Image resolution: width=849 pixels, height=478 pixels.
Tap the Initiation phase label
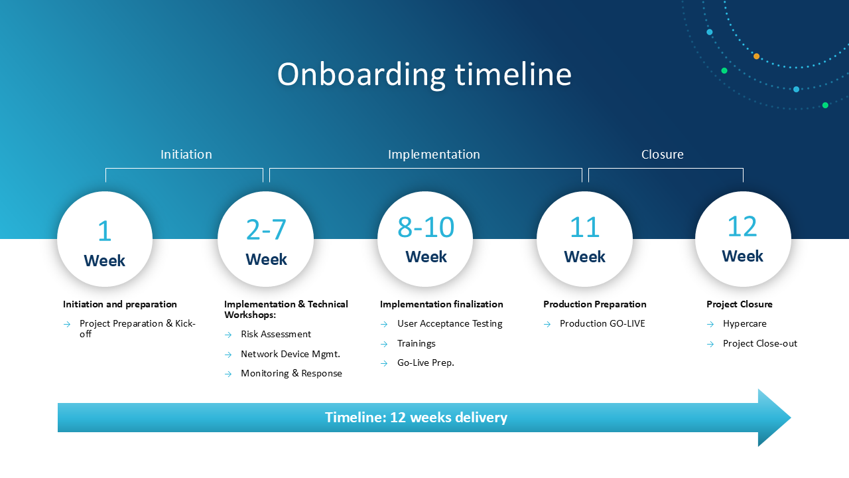(186, 155)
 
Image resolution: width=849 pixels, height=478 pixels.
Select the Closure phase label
(662, 155)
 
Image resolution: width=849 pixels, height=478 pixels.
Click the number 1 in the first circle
(105, 230)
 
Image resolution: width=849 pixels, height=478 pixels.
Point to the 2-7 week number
(266, 230)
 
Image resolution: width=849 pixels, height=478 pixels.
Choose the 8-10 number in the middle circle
(426, 227)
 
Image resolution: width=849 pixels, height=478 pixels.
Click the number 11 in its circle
(584, 227)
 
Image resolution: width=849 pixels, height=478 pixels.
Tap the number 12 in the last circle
(742, 226)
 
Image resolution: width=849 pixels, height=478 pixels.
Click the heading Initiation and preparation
(120, 304)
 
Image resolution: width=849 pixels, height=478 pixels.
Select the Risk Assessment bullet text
(276, 334)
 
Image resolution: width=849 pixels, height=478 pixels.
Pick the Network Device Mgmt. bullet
(291, 354)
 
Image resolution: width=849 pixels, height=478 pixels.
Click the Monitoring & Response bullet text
(291, 373)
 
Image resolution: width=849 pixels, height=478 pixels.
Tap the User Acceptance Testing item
(450, 323)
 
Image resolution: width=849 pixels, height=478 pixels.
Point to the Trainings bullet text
(416, 343)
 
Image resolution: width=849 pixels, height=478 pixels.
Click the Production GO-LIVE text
(602, 323)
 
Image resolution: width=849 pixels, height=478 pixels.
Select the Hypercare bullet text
(744, 323)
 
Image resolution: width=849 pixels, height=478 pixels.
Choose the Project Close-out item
(760, 343)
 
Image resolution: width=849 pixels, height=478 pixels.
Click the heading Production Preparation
(595, 304)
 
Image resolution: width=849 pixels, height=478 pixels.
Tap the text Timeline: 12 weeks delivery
(416, 418)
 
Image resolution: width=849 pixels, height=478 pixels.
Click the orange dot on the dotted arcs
(757, 56)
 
